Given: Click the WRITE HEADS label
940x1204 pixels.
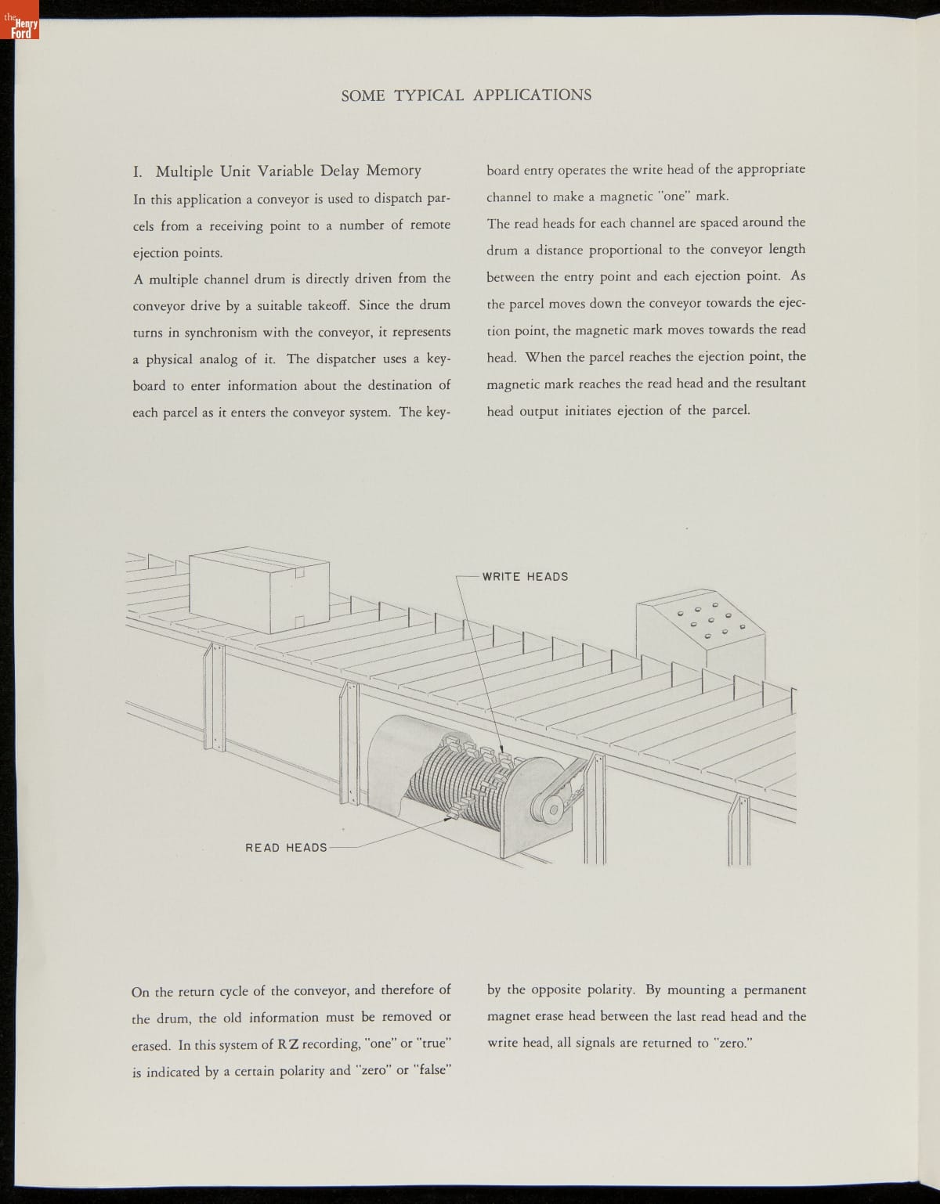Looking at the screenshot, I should coord(525,577).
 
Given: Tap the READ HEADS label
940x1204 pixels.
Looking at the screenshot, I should coord(286,848).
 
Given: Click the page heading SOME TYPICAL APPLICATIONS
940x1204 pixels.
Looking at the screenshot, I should coord(466,96).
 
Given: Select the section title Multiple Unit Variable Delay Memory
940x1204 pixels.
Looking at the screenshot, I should coord(288,171).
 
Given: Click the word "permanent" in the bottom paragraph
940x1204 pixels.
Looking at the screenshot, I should coord(774,990).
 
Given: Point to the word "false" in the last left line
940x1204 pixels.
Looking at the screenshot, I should coord(432,1070).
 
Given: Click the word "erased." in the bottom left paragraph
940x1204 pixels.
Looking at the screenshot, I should coord(151,1045).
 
